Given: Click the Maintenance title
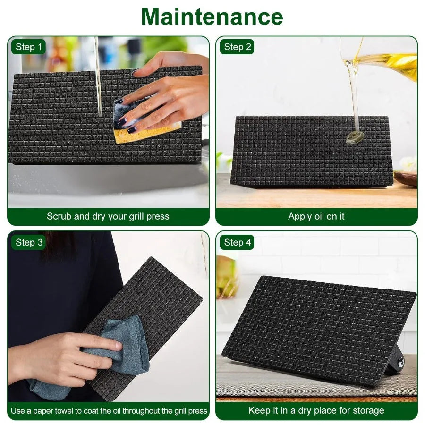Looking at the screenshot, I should pos(212,17).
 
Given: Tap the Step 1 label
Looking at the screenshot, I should pos(29,47).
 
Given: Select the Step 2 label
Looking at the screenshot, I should pos(238,47).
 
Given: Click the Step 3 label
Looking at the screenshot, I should pos(29,242).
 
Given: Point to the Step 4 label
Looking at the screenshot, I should pos(238,243).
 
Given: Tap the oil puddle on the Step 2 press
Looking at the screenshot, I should pos(353,137).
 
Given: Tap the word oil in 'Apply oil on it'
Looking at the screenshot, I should pos(319,217).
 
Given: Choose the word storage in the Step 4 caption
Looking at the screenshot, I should pos(366,411).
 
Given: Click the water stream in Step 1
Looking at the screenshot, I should pos(98,76).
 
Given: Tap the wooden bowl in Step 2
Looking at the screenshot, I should pos(406,178).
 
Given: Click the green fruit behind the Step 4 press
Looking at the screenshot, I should pos(227,279).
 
